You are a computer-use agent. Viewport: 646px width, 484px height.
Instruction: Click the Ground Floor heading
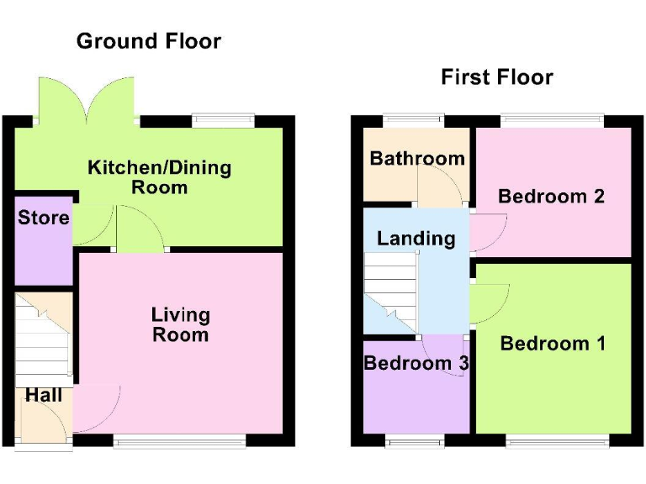[148, 40]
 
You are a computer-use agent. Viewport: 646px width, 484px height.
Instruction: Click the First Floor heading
[496, 77]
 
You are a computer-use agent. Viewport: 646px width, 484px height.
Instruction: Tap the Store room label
[44, 218]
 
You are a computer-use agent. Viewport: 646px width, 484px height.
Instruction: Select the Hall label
[43, 394]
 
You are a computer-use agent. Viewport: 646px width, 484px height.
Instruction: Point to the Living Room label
[180, 324]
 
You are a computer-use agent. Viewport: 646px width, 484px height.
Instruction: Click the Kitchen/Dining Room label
[159, 176]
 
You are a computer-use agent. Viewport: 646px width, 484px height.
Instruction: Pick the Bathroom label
[417, 158]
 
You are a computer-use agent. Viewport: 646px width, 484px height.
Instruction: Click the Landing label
[416, 238]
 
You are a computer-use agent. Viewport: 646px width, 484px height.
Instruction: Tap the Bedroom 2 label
[551, 196]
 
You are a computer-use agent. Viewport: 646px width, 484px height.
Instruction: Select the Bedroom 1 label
[553, 343]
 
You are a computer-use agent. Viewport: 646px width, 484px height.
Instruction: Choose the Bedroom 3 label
[416, 363]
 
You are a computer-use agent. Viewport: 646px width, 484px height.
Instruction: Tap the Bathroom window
[414, 120]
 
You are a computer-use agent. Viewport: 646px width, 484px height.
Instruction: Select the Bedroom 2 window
[553, 120]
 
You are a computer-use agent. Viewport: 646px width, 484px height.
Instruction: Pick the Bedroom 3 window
[415, 439]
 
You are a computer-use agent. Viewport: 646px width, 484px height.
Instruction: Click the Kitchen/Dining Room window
[222, 120]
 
